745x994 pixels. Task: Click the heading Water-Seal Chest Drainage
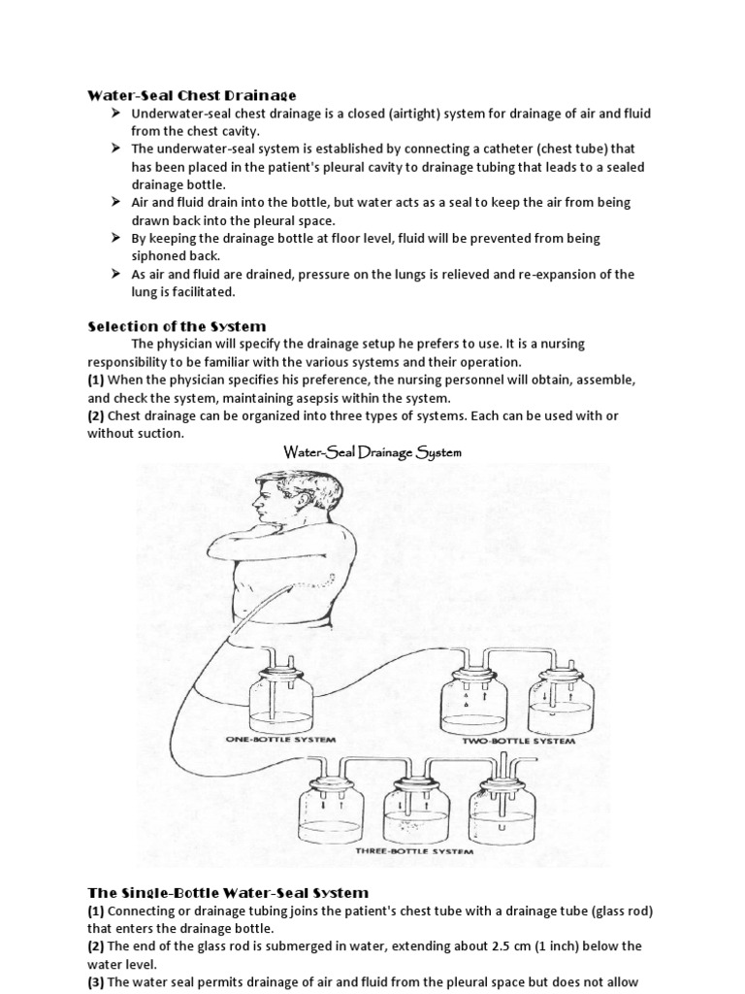[x=192, y=95]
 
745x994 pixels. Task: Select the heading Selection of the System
[x=177, y=325]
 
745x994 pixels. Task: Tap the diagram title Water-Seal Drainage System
[x=372, y=452]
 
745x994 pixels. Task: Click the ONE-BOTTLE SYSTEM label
[x=280, y=739]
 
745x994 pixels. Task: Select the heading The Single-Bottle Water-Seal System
[x=228, y=892]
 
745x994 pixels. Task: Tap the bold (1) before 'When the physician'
[x=96, y=380]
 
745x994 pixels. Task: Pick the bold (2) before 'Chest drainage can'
[x=96, y=415]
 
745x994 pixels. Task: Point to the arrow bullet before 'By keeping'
[x=115, y=238]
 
